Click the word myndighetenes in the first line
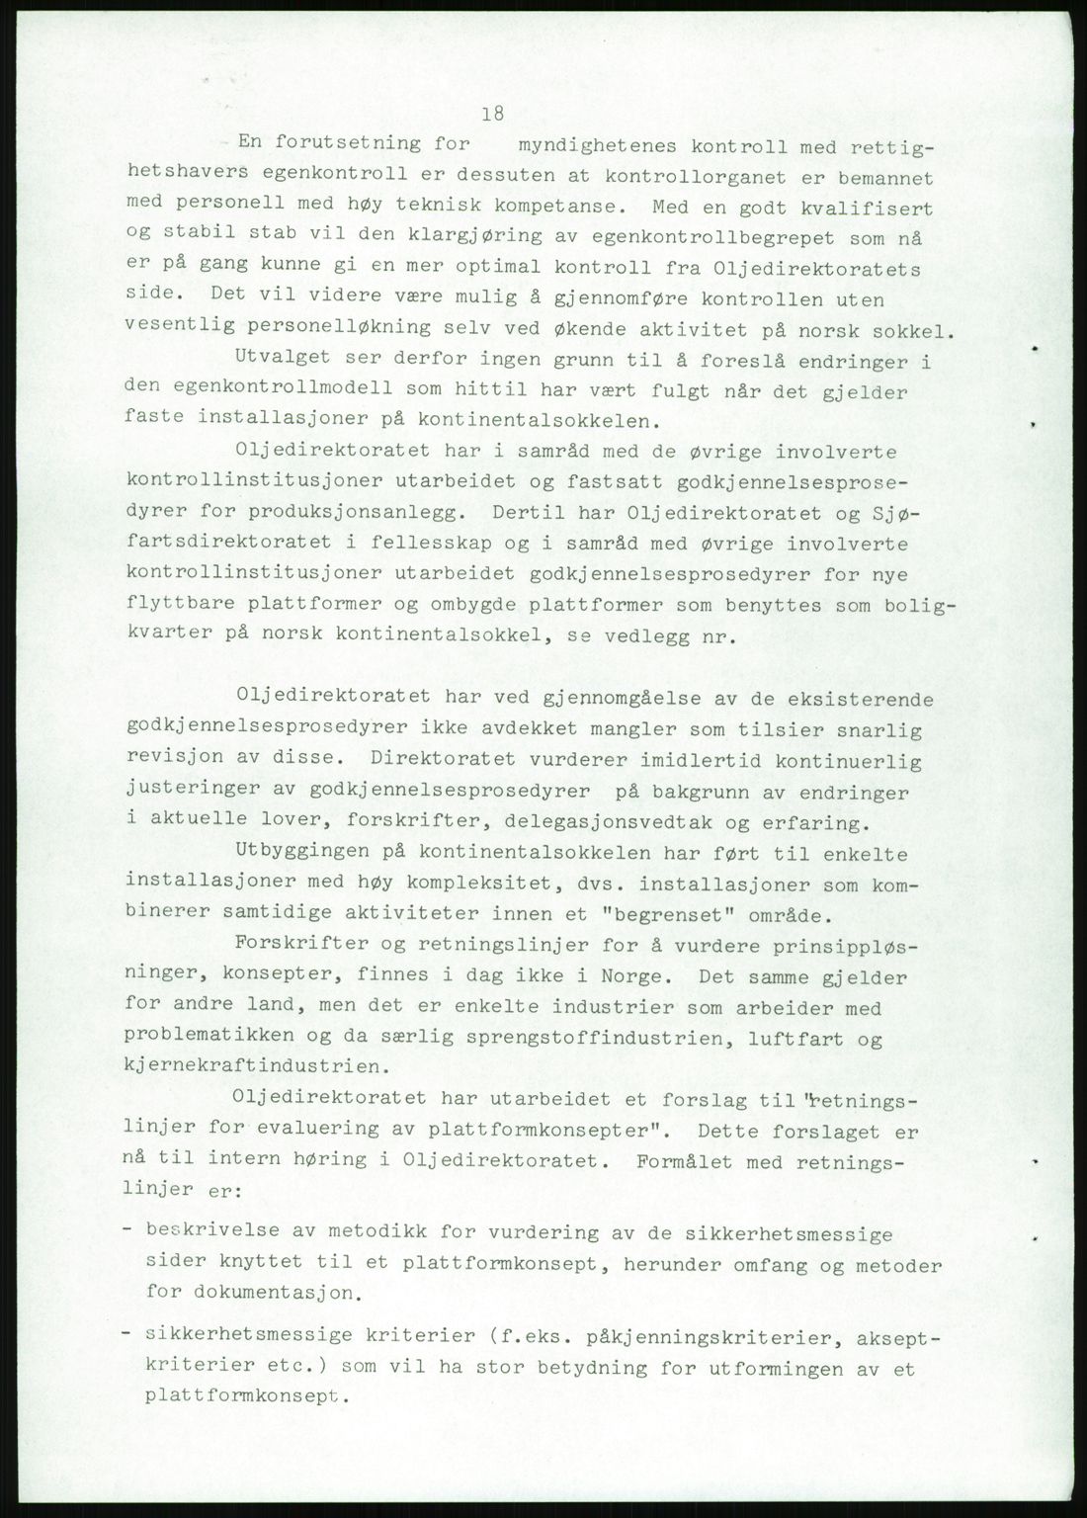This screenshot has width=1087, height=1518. tap(591, 146)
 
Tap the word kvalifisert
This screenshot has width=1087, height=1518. tap(870, 209)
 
